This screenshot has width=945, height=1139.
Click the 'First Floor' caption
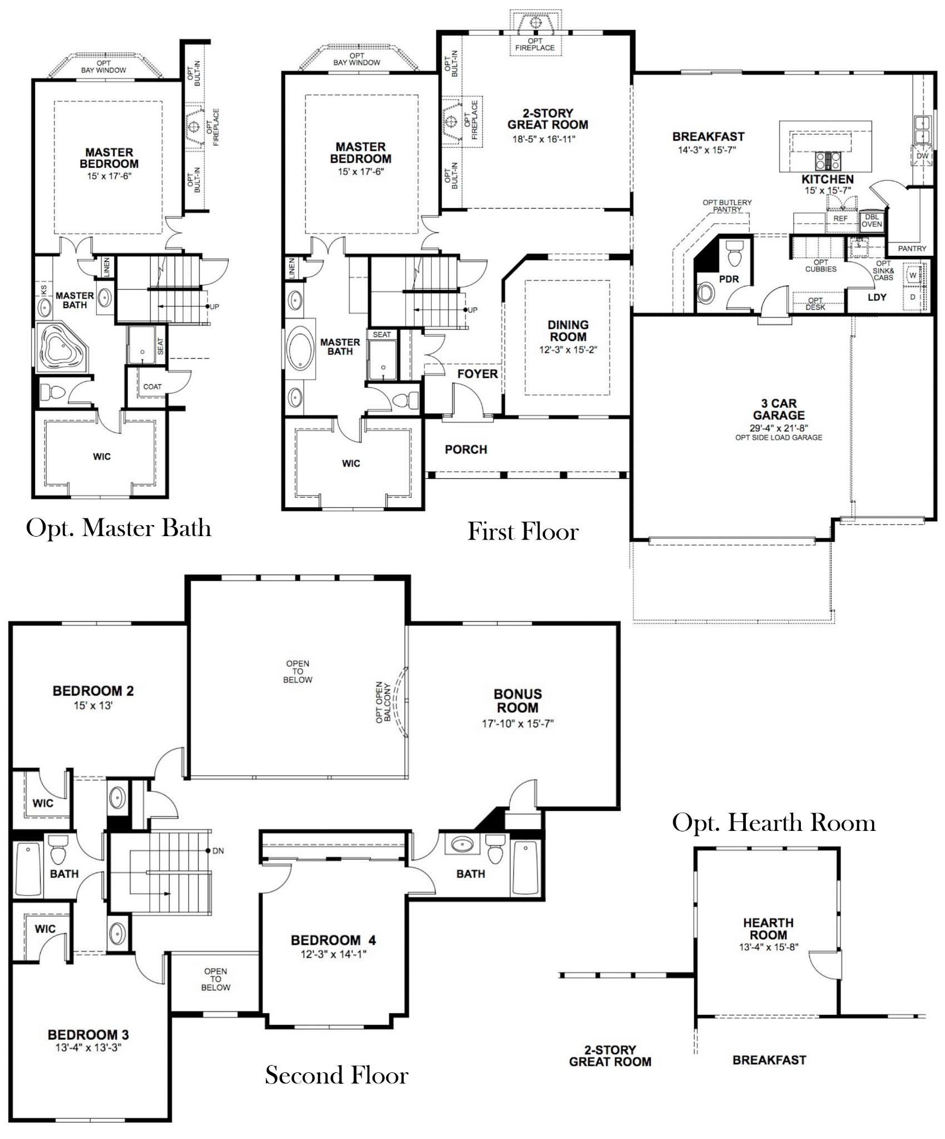click(x=523, y=532)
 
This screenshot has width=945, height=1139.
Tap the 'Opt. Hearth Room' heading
click(x=773, y=823)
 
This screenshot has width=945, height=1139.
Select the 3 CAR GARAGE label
click(x=779, y=409)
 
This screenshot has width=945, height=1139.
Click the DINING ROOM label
click(x=568, y=331)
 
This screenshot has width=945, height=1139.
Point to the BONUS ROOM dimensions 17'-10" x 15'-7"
click(x=518, y=724)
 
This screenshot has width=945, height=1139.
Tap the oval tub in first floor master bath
click(x=301, y=349)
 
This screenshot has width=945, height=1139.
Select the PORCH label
click(x=466, y=449)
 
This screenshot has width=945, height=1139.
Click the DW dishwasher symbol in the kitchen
click(x=922, y=156)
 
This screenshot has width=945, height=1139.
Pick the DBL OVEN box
click(x=872, y=221)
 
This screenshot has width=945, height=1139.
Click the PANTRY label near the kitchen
click(x=912, y=249)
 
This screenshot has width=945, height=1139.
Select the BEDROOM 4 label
click(x=333, y=940)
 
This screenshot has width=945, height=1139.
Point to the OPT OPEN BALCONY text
click(x=383, y=702)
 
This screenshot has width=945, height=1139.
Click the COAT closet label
click(x=152, y=387)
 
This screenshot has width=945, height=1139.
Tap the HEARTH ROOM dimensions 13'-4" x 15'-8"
click(x=769, y=947)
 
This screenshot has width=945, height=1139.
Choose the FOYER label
click(x=477, y=374)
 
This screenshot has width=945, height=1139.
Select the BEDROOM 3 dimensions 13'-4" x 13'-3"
click(x=88, y=1048)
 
